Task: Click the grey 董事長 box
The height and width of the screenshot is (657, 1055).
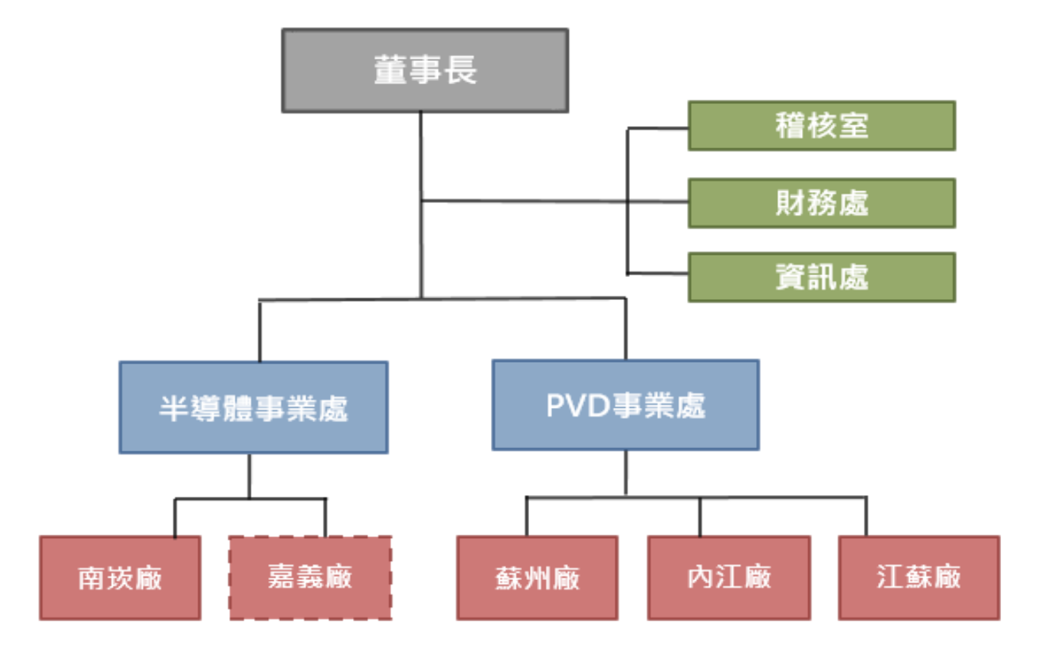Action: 425,71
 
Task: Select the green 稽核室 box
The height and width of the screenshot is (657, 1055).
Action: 821,125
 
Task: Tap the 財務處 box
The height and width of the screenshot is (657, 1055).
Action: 821,203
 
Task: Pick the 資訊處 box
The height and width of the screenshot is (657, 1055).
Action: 821,277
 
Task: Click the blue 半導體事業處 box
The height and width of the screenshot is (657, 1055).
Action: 253,407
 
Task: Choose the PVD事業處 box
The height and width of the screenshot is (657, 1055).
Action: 625,405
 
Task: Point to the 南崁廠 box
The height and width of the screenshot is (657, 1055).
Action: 120,578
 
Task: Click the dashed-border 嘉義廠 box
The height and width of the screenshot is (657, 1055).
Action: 309,578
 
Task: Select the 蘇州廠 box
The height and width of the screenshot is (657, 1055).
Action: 536,578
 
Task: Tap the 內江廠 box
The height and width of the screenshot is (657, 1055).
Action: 728,578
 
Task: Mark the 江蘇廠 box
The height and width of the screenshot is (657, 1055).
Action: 919,578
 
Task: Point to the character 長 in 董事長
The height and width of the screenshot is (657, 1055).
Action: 461,71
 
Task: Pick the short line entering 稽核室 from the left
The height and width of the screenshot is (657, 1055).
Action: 658,128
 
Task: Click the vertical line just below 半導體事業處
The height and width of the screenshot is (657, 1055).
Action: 249,475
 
